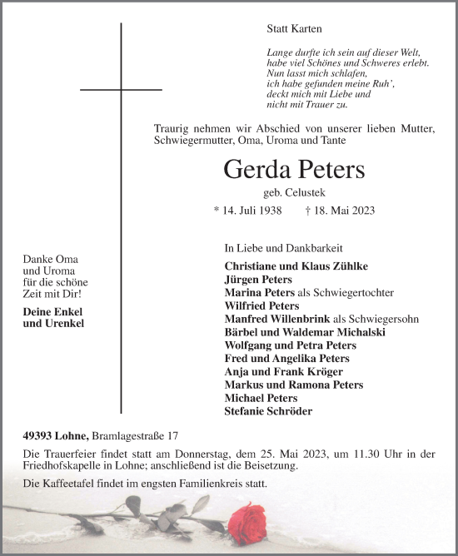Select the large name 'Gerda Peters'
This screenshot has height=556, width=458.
coord(294,170)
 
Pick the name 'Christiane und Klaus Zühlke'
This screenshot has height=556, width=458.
coord(296,266)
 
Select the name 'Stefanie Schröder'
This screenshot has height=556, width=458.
coord(269,411)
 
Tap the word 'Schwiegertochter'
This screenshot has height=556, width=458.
coord(357,293)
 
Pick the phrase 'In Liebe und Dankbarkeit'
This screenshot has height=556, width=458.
coord(284,248)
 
